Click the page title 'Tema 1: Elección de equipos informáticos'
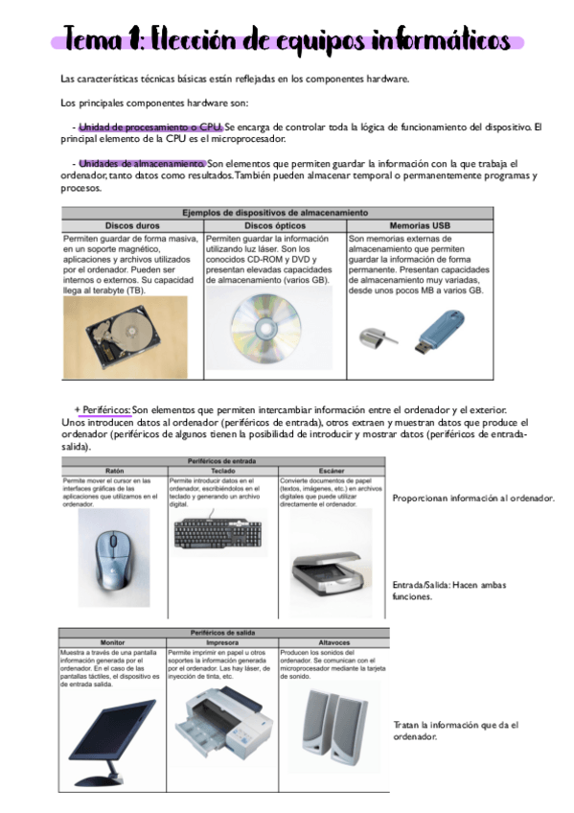(287, 40)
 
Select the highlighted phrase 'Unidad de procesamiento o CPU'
(149, 127)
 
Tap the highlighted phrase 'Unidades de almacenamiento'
(141, 163)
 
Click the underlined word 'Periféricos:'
(102, 408)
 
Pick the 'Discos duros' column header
(131, 225)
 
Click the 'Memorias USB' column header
(420, 225)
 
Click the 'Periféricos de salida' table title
(223, 633)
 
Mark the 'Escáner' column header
(332, 470)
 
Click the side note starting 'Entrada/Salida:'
(449, 590)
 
